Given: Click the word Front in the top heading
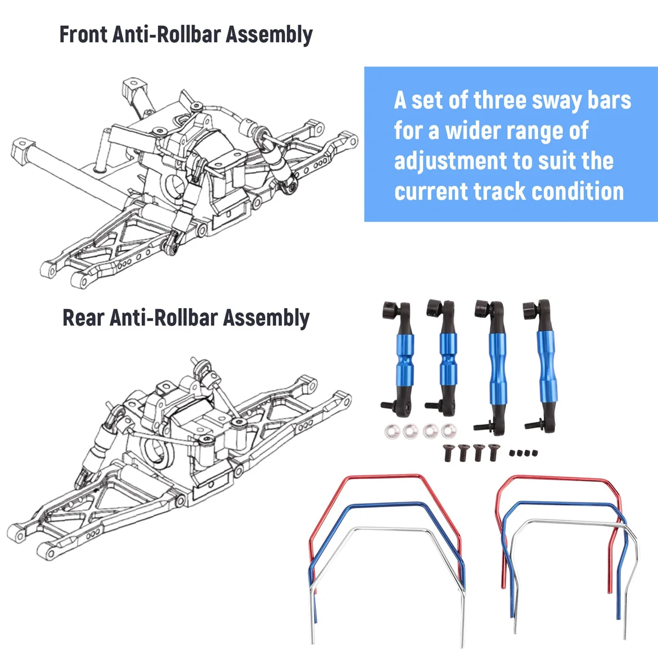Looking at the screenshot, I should coord(83,34).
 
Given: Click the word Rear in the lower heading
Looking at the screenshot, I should coord(83,318).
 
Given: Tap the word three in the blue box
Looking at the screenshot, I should coord(501,100).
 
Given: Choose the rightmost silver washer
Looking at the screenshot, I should coord(449,431).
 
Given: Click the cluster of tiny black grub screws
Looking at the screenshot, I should coord(524,453).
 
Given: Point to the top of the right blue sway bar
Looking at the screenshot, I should coord(565,503).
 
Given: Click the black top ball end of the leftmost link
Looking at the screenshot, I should coord(393,310).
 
